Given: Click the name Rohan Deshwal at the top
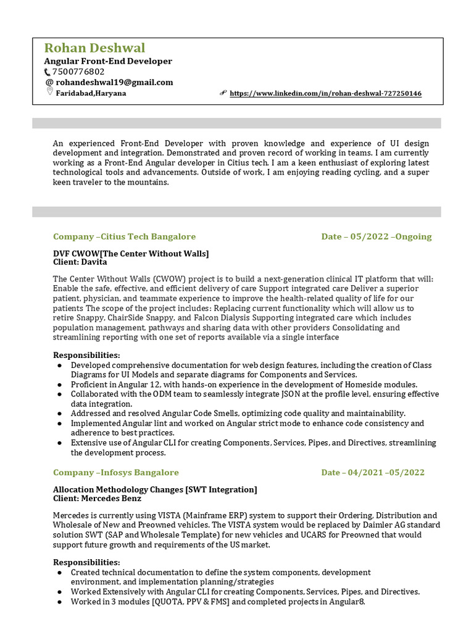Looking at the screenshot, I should click(94, 48).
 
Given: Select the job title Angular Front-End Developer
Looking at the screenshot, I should click(108, 61).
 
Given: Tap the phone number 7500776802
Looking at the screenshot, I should click(78, 72).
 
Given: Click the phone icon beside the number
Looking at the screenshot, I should click(48, 72).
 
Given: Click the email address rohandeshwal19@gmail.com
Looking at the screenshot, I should click(114, 82).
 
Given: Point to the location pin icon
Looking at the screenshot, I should click(49, 92).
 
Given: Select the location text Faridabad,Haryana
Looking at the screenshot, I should click(91, 93).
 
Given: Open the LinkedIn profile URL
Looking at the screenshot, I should click(325, 94).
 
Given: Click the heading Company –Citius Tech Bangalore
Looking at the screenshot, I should click(124, 236).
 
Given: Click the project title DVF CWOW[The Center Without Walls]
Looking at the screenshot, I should click(131, 254).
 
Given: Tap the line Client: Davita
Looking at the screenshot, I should click(80, 262).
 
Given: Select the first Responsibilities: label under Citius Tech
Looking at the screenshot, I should click(86, 355).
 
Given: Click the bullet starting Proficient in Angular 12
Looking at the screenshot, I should click(244, 385).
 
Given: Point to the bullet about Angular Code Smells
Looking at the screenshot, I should click(238, 414).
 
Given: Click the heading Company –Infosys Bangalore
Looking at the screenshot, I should click(116, 472).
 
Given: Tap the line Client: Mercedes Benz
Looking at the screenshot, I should click(97, 498).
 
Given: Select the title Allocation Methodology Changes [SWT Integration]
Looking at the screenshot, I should click(155, 489).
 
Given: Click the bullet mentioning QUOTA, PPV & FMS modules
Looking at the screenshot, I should click(218, 602).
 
